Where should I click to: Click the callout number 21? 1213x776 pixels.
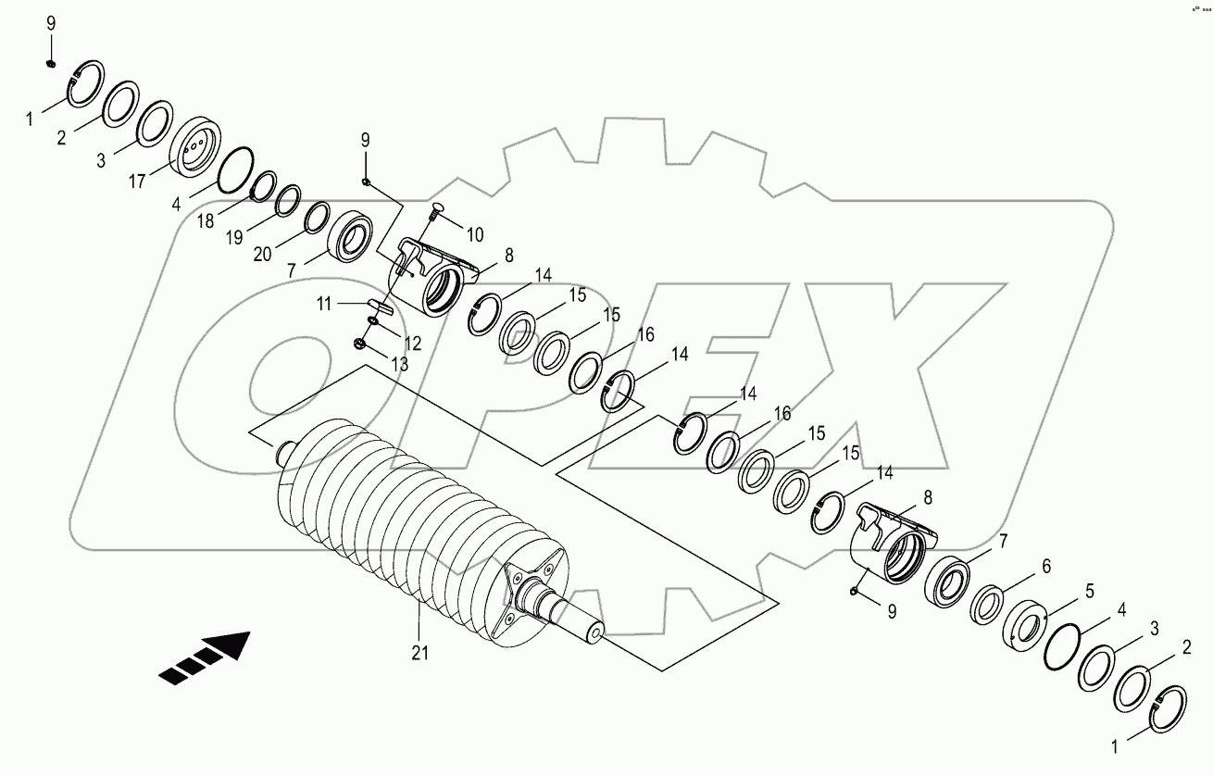click(x=419, y=652)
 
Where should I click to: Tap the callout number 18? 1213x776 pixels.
click(x=206, y=222)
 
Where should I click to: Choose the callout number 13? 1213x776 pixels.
click(x=398, y=365)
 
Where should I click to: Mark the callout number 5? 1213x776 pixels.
click(x=1090, y=589)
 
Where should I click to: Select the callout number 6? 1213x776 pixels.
click(x=1045, y=564)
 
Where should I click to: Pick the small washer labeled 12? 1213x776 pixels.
click(x=372, y=321)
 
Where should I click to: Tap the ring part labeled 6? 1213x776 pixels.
click(x=989, y=604)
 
